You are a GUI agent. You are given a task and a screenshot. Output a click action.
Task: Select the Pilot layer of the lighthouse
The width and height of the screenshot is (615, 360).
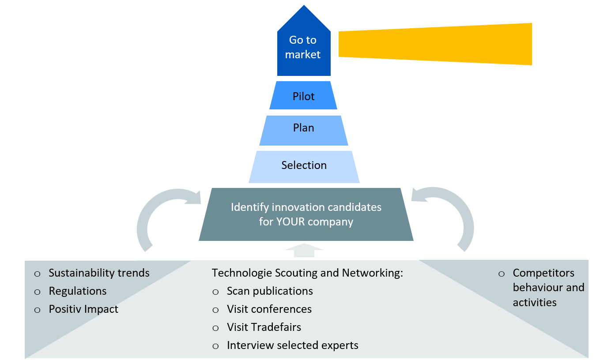[x=303, y=96]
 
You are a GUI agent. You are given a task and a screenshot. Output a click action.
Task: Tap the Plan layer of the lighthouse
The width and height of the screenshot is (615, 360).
[x=303, y=128]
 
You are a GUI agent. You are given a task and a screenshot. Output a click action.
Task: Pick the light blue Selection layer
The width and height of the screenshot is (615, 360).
[x=304, y=165]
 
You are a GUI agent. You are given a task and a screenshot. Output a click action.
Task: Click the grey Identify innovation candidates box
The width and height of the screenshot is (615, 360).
[x=306, y=214]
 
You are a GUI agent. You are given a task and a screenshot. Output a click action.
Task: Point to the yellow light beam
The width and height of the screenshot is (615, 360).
[x=435, y=44]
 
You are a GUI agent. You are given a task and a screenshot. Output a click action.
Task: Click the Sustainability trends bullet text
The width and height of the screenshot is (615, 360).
[x=99, y=273]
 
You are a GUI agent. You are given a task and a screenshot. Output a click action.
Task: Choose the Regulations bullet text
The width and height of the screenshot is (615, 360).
[x=78, y=291]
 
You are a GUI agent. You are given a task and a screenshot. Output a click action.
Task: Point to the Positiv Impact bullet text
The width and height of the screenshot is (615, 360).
[x=83, y=309]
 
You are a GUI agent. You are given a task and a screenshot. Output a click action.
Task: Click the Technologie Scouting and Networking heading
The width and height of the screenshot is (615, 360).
[x=307, y=273]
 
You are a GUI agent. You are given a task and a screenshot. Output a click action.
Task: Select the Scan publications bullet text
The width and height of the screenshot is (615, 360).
[x=270, y=291]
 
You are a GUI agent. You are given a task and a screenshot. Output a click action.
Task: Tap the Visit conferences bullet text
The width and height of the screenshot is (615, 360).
[x=269, y=309]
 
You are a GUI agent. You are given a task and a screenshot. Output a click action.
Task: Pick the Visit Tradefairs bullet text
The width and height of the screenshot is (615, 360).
[x=264, y=327]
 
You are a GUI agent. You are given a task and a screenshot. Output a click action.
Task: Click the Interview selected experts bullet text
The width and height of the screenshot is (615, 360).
[x=292, y=345]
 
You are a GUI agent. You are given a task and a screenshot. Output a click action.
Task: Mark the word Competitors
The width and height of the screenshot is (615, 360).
[x=543, y=273]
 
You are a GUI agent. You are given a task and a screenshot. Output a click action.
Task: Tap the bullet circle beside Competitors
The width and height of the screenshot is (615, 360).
[x=501, y=274]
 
